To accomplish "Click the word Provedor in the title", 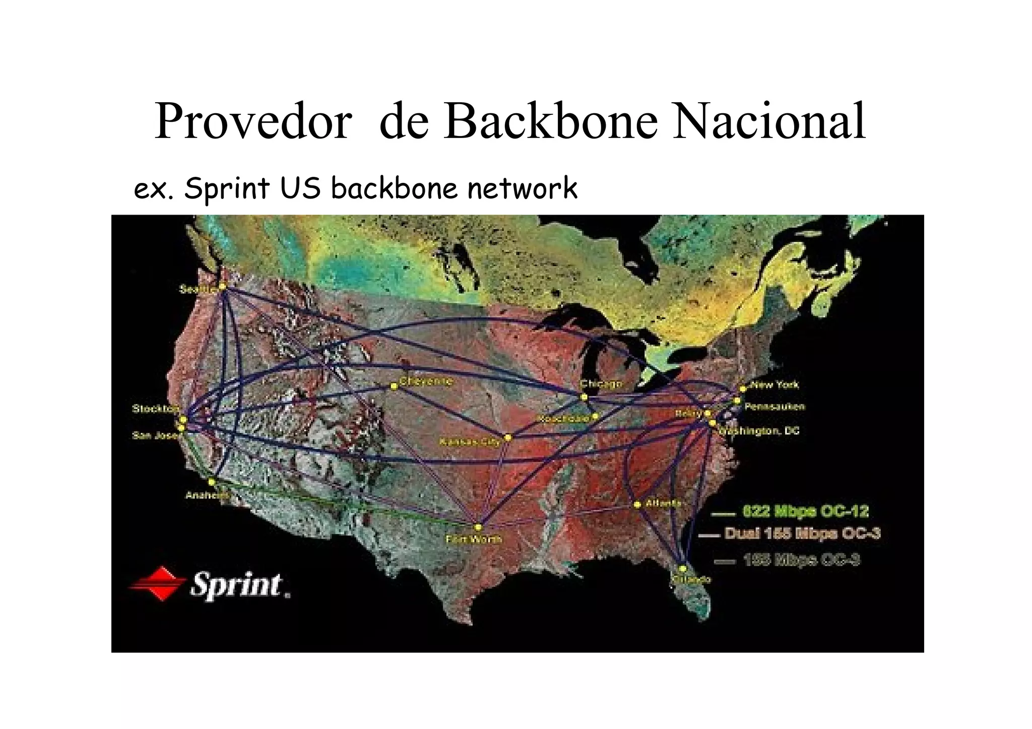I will (x=252, y=122).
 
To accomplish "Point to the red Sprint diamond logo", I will (x=156, y=584).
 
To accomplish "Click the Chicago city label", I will (x=601, y=384).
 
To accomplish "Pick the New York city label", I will (x=775, y=385).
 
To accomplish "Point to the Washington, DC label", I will (x=760, y=431).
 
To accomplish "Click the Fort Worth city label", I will (x=474, y=540).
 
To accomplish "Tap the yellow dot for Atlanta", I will (x=637, y=504).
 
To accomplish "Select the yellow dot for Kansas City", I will (x=508, y=437).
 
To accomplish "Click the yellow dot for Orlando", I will (x=683, y=569).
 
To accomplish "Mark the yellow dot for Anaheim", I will (x=212, y=482).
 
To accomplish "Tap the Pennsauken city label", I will (x=775, y=407).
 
